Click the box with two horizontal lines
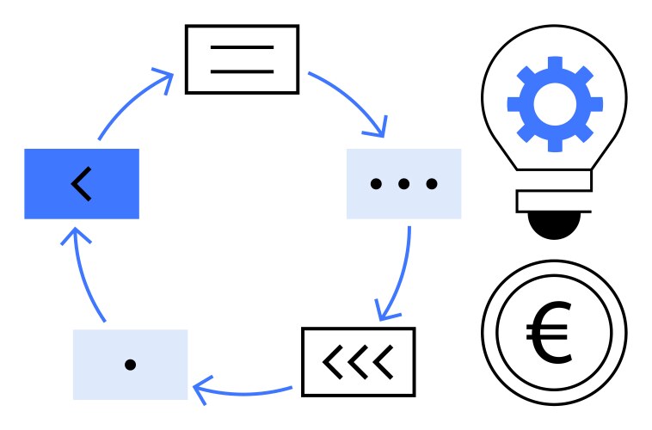pyautogui.click(x=242, y=58)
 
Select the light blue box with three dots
pyautogui.click(x=403, y=183)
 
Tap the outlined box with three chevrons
pyautogui.click(x=358, y=361)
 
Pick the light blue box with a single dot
pyautogui.click(x=130, y=365)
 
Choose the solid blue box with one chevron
pyautogui.click(x=81, y=184)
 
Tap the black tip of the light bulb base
pyautogui.click(x=554, y=225)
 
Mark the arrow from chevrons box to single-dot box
pyautogui.click(x=245, y=391)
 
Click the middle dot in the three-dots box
pyautogui.click(x=403, y=183)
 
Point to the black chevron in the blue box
pyautogui.click(x=82, y=184)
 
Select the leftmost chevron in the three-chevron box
pyautogui.click(x=333, y=362)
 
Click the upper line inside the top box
pyautogui.click(x=242, y=47)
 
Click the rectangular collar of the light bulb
pyautogui.click(x=554, y=201)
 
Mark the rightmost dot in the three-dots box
pyautogui.click(x=432, y=183)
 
